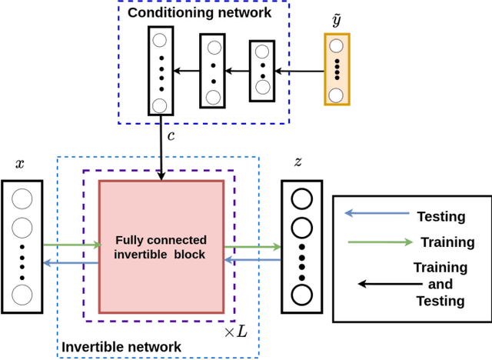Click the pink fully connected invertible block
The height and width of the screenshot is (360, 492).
pos(161,246)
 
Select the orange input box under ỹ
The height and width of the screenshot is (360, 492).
pos(336,68)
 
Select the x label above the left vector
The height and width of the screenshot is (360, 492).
pos(19,164)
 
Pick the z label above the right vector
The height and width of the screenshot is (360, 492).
pos(298,162)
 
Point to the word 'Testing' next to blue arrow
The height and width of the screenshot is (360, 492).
pos(440,217)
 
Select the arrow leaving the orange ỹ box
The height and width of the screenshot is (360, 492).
pos(299,72)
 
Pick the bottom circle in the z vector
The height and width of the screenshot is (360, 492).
pos(301,294)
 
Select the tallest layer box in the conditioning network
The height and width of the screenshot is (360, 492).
pos(159,72)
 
